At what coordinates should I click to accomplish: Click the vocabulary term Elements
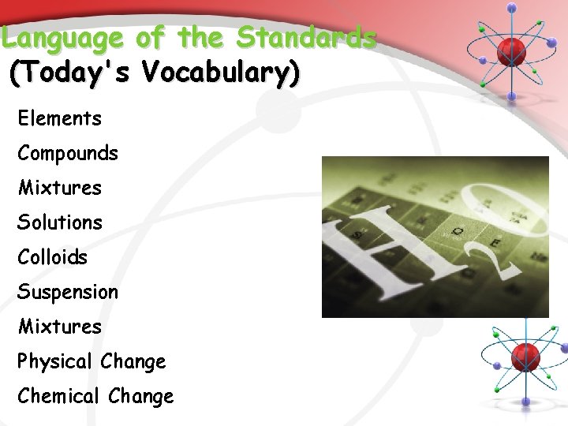(x=59, y=119)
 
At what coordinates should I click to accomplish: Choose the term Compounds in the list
(x=68, y=154)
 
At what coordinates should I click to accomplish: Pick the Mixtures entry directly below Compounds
(x=59, y=189)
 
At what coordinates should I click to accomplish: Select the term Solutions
(x=60, y=223)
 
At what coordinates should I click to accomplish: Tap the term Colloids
(x=52, y=258)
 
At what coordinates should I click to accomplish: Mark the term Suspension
(x=68, y=293)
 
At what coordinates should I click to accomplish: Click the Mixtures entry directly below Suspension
(x=59, y=327)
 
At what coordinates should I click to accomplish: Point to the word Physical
(x=55, y=362)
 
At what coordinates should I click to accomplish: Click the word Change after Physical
(x=133, y=362)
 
